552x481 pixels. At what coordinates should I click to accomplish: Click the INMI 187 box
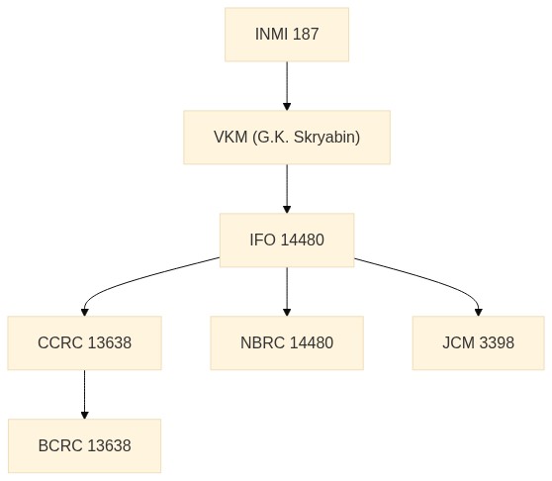287,35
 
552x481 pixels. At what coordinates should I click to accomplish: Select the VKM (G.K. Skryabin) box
287,138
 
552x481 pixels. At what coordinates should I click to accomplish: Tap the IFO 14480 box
287,240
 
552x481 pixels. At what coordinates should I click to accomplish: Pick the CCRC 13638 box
84,343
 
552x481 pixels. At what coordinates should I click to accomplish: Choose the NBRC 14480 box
287,343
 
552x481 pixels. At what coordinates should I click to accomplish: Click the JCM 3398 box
479,343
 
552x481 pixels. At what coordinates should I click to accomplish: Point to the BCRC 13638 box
84,445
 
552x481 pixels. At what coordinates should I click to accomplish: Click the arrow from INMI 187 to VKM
287,86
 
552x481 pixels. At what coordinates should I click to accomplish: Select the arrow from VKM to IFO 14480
287,189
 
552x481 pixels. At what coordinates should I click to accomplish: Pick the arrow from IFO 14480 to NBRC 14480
287,292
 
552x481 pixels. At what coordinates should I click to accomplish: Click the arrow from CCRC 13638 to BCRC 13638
84,394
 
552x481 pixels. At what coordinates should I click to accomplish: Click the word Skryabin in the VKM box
326,138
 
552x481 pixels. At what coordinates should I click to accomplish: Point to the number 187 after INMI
306,35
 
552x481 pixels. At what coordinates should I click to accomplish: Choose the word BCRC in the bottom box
60,445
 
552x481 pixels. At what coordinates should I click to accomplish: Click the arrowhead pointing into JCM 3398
479,312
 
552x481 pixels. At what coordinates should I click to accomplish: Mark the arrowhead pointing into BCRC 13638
84,415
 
